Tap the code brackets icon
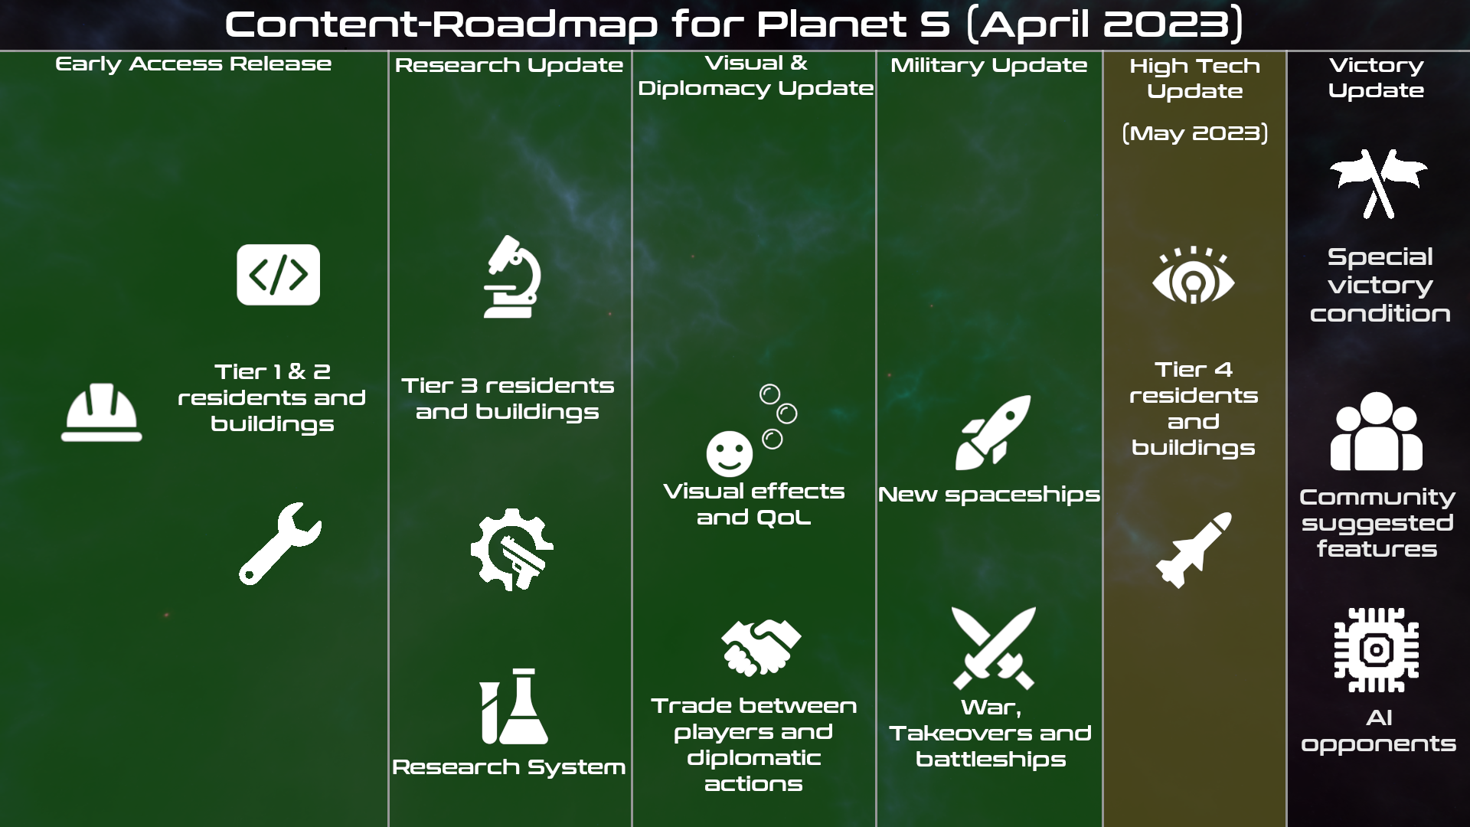coord(278,274)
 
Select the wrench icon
coord(280,543)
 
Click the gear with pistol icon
coord(511,549)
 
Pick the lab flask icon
coord(514,706)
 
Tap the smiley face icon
coord(730,453)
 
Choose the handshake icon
coord(760,647)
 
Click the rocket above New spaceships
coord(993,433)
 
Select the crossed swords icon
coord(993,648)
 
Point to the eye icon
coord(1194,275)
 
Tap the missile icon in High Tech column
coord(1194,550)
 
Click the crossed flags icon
coord(1378,184)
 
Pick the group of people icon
coord(1376,431)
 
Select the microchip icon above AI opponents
coord(1376,650)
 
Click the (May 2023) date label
coord(1194,133)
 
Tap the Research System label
coord(508,767)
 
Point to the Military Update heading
coord(988,65)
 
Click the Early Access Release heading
coord(194,64)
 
